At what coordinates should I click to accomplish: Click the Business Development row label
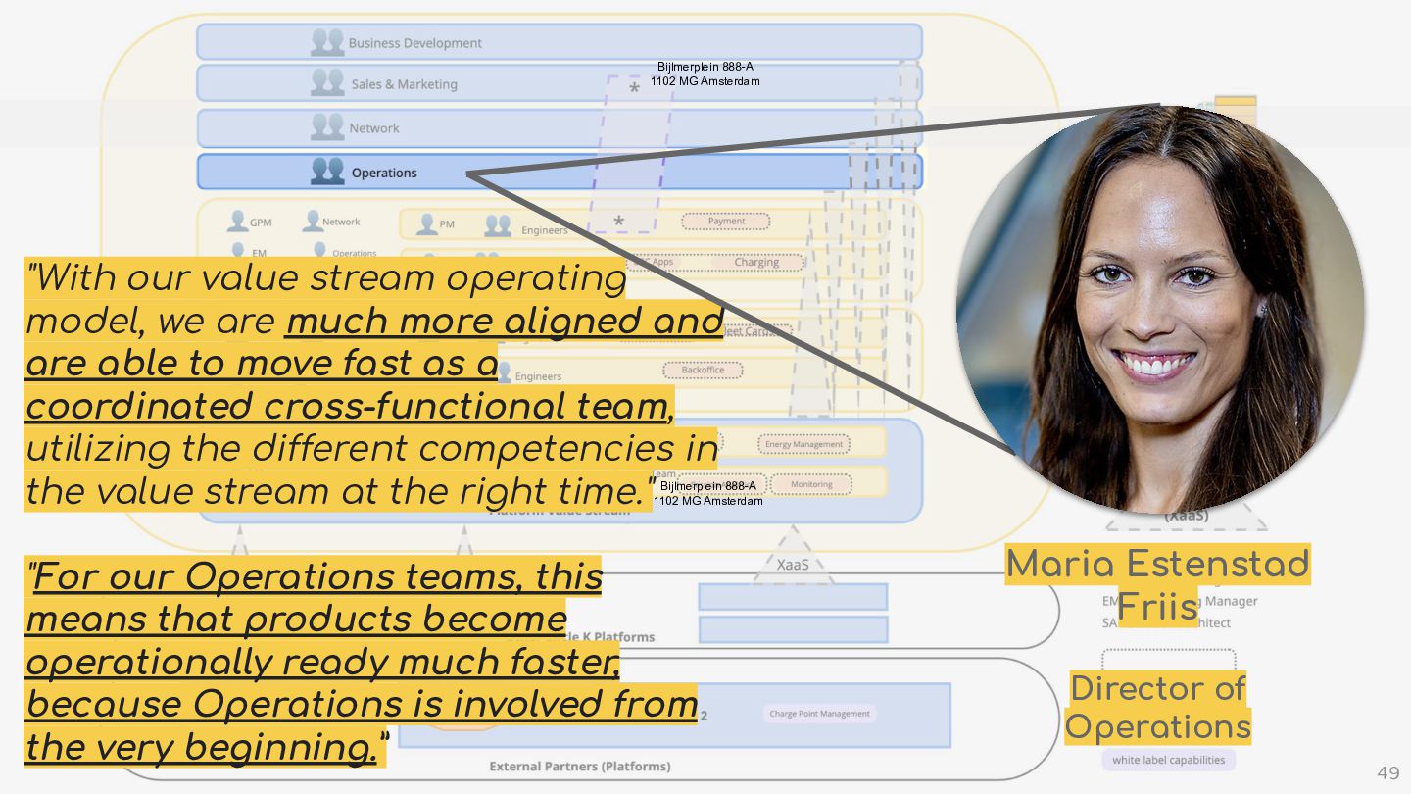point(414,43)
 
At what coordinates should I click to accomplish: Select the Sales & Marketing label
point(404,84)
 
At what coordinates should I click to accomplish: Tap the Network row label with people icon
point(374,128)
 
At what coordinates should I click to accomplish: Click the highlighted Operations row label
point(384,173)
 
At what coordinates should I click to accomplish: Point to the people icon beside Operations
point(327,172)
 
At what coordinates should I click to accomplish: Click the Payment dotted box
point(726,222)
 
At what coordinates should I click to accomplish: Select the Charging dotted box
point(756,263)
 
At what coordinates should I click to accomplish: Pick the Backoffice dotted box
point(703,371)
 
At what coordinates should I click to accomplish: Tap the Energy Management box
point(803,444)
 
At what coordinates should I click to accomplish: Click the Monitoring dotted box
point(811,484)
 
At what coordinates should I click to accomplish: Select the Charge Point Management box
point(819,714)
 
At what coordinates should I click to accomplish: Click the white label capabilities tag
point(1168,760)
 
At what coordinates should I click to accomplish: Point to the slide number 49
point(1388,773)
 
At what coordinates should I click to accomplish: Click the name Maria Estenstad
point(1157,565)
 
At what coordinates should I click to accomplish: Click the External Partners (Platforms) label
point(580,766)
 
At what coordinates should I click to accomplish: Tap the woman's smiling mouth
point(1157,365)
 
